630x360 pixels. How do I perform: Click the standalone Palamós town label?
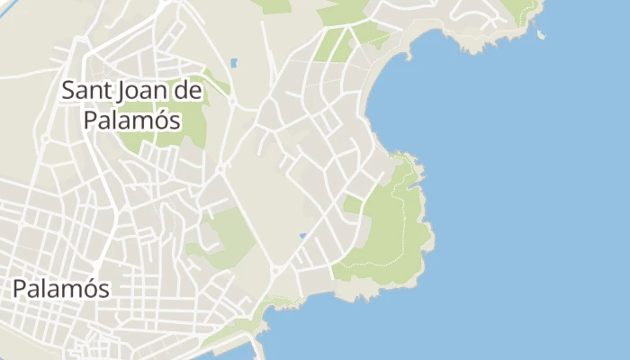pos(61,289)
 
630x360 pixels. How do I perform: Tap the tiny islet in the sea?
pos(540,35)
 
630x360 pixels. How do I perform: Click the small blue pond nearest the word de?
pos(234,64)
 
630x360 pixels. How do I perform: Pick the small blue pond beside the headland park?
pos(302,236)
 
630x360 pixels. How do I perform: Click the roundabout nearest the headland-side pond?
pos(275,269)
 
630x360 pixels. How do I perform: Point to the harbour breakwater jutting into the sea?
pos(260,346)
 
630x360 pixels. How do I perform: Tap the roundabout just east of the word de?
pos(232,102)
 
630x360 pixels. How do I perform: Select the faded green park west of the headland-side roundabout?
pos(229,234)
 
